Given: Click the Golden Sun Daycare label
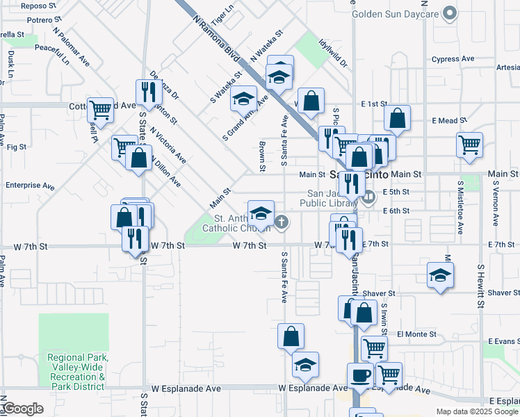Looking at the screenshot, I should pos(396,13).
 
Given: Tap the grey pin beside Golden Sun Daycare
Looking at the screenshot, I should pos(450,13).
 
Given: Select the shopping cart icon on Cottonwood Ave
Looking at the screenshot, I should pos(101,108).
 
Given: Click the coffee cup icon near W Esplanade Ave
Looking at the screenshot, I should pos(360,375).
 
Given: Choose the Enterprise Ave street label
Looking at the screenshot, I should pos(29,186).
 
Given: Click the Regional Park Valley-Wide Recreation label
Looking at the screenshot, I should pos(76,372).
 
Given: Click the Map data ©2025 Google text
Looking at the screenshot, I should pos(476,411).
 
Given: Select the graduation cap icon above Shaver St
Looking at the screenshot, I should pos(440,275).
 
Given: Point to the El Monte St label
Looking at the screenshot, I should pos(416,334).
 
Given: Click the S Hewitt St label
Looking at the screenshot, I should pos(480,286).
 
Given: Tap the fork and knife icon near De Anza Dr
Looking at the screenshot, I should pos(147,92).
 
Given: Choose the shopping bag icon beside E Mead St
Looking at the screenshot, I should pos(397,118).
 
